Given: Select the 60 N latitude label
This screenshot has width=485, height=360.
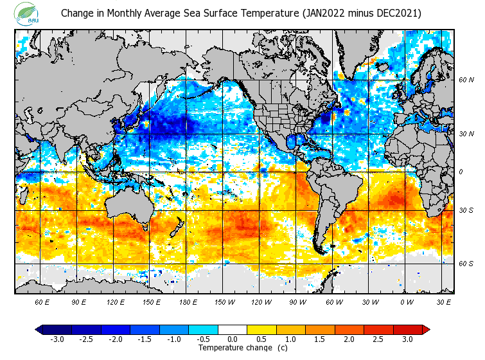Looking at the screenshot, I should [x=466, y=80].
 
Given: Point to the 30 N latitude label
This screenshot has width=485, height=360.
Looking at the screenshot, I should [x=466, y=134].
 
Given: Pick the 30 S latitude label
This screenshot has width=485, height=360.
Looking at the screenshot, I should [x=466, y=210].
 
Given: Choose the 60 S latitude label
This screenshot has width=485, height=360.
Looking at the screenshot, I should [x=466, y=264].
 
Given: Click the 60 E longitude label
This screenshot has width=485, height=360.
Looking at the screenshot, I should [x=42, y=301].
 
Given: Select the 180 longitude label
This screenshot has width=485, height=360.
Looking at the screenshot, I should [x=151, y=301].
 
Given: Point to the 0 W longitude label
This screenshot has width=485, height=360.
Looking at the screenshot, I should [x=407, y=301].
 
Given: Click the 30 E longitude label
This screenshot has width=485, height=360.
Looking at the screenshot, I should [x=444, y=301].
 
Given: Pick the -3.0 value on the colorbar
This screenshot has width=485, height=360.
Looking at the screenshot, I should [x=56, y=339].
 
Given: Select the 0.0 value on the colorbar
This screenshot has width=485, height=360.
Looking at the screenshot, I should [x=232, y=339].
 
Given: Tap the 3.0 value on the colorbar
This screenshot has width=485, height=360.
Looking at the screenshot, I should [x=408, y=339].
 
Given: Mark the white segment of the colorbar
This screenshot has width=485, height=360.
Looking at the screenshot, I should [x=232, y=330].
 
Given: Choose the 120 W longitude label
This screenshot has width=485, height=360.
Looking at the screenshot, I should [x=260, y=301].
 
